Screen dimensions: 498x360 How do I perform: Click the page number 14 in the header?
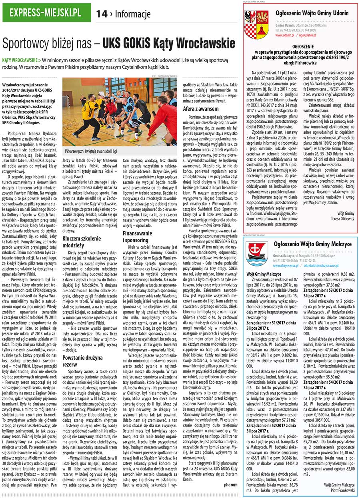102,14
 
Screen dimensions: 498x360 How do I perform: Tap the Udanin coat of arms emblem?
256,25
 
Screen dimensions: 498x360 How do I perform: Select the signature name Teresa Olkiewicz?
342,219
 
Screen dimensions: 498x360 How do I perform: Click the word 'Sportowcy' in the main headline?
26,42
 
